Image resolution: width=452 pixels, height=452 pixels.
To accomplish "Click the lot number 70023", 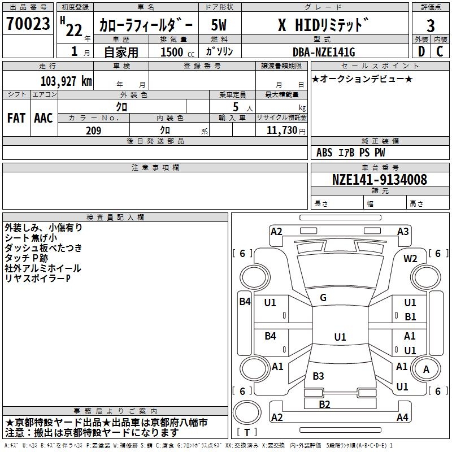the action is pos(28,24).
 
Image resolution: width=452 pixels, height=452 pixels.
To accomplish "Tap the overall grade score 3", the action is pos(431,26).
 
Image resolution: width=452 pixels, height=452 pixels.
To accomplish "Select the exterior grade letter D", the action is pos(421,51).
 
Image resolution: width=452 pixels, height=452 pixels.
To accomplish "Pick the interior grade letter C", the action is pos(440,51).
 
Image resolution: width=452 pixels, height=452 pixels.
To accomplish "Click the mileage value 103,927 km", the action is pos(66,81).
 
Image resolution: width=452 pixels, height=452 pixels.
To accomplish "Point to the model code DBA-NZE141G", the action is pos(324,52).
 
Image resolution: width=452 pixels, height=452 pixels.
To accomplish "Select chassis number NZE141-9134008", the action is pos(379,180).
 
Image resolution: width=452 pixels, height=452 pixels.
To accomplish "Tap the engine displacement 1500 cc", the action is pos(177,52).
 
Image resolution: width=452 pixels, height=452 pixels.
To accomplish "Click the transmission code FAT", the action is pos(16,118).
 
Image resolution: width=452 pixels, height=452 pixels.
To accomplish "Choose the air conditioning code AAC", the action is pos(44,118).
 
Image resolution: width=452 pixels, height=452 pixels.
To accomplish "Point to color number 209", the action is pos(93,131).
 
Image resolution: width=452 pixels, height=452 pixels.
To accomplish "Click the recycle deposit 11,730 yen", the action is pos(286,131).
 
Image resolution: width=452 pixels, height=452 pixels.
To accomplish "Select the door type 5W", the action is pos(219,25).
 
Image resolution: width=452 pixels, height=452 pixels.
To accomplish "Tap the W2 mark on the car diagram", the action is pos(410,259).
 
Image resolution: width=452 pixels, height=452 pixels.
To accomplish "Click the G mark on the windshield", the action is pos(323,298).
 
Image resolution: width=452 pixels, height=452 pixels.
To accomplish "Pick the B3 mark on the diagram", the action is pos(318,376).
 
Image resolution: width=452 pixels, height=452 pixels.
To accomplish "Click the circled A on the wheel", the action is pos(426,369).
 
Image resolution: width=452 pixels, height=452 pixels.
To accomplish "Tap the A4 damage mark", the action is pos(402,417).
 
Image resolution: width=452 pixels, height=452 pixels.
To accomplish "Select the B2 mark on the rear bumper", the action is pos(324,405).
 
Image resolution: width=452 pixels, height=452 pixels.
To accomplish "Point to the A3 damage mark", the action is pos(403,232).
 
